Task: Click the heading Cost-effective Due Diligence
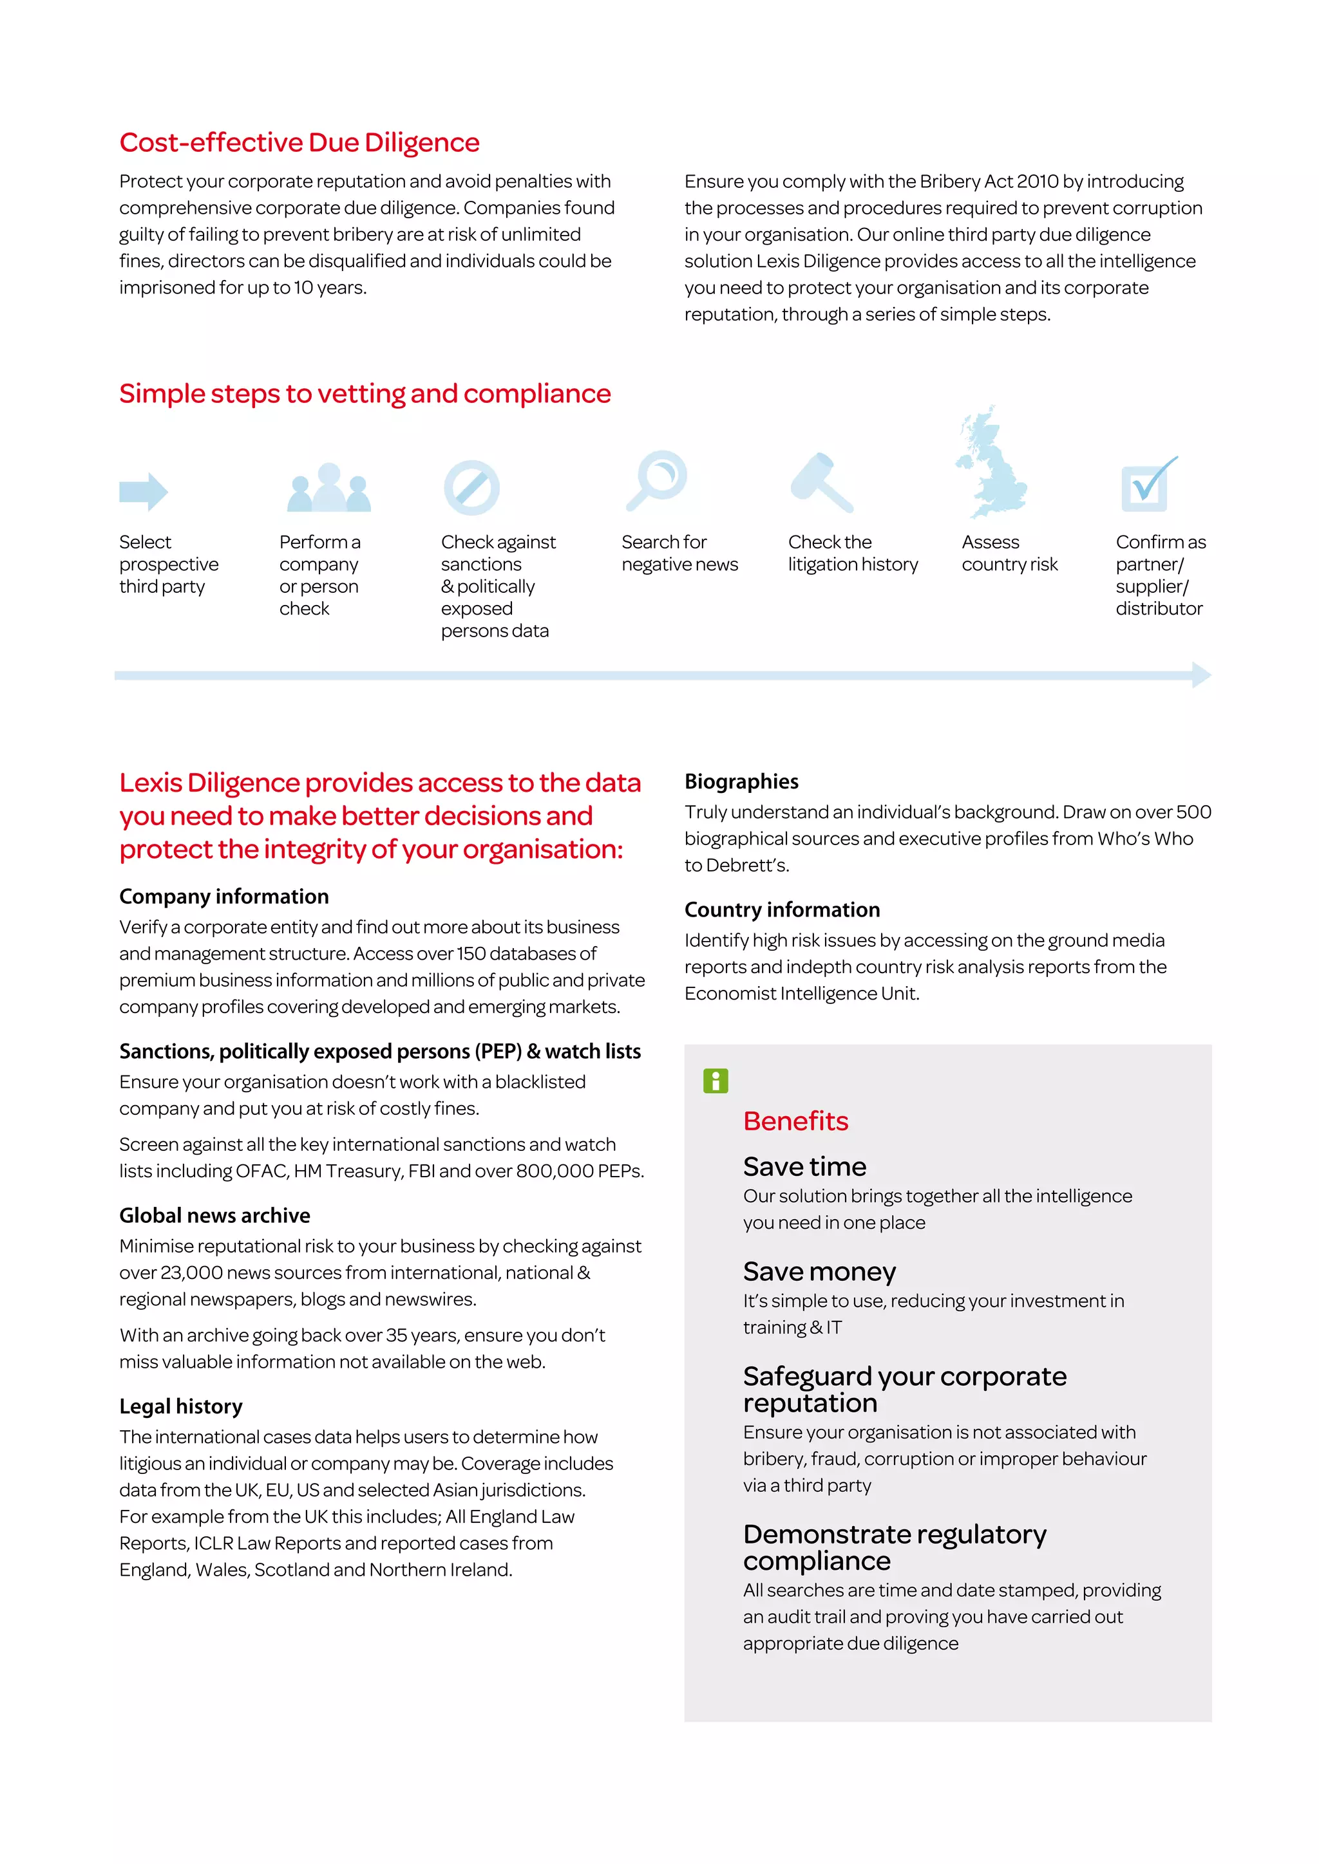coord(299,143)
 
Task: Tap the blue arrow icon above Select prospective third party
coord(144,491)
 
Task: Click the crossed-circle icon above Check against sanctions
coord(471,488)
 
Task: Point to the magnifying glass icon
coord(657,481)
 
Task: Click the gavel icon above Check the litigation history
coord(822,483)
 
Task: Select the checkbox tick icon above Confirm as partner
coord(1148,485)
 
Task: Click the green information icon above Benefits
coord(716,1081)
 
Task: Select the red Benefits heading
coord(795,1121)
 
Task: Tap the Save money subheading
coord(819,1271)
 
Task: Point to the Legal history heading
coord(180,1406)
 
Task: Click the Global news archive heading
coord(214,1215)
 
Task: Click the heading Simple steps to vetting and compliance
coord(365,394)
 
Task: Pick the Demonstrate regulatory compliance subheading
coord(893,1547)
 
